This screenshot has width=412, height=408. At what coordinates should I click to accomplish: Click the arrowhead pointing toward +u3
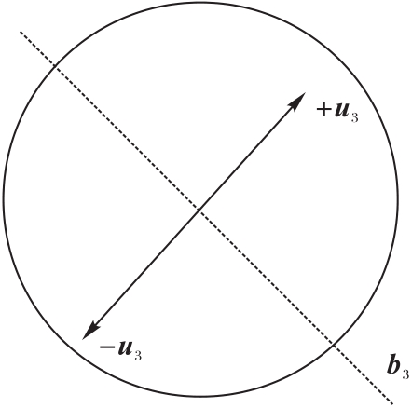point(298,100)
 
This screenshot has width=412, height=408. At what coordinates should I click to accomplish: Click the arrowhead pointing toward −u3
point(89,332)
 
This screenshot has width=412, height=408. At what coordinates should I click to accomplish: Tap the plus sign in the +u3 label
point(323,110)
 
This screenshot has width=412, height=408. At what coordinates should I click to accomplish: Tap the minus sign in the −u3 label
point(106,347)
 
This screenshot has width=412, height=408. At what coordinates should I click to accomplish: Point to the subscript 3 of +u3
point(355,117)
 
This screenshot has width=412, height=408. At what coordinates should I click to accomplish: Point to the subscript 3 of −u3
point(138,355)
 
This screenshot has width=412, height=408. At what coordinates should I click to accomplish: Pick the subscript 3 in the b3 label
point(405,374)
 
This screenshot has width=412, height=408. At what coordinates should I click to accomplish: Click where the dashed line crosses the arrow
point(199,211)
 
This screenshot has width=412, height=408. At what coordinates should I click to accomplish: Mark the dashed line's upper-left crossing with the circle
point(55,66)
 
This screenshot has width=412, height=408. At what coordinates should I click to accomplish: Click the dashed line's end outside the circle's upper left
point(21,32)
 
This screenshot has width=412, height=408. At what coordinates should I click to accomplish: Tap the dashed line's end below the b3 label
point(393,403)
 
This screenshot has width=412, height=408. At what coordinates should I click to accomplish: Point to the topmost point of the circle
point(200,3)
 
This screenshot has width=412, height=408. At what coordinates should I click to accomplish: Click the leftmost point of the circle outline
point(4,199)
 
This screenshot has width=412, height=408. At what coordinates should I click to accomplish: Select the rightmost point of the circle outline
point(398,199)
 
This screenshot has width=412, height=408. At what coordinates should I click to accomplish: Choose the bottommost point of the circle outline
point(200,396)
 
